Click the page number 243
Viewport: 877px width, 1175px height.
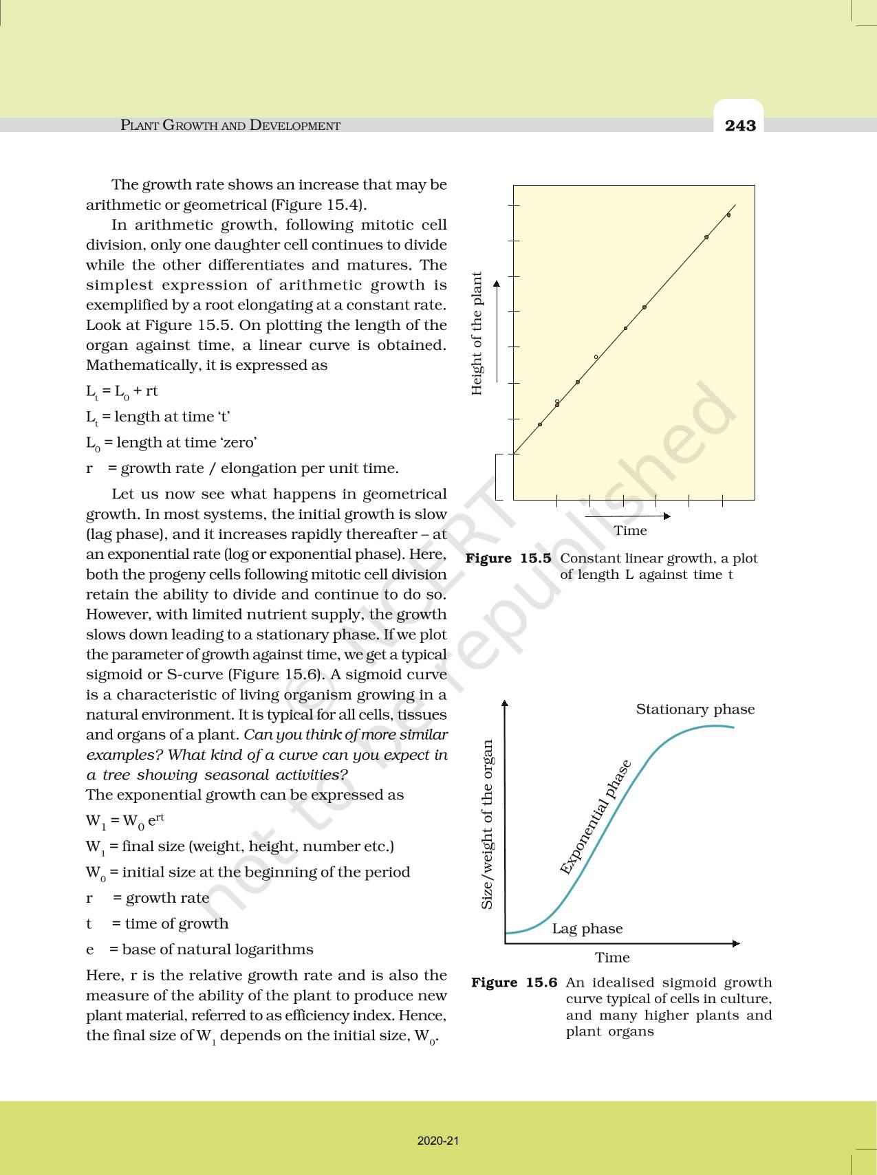[740, 126]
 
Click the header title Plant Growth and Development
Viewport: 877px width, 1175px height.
[230, 126]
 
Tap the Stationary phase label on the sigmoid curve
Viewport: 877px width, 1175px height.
[695, 710]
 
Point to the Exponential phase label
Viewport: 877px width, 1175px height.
[595, 817]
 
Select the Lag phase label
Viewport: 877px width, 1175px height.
[587, 929]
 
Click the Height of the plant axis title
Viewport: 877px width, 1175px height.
[477, 333]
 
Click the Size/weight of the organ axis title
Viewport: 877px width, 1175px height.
[487, 824]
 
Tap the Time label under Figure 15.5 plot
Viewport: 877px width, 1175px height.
[630, 531]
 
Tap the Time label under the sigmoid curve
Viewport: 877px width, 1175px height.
[612, 958]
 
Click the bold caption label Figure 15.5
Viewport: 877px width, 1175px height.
[508, 558]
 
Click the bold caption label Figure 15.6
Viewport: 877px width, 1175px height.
[514, 982]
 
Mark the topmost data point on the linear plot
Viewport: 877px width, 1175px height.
[728, 215]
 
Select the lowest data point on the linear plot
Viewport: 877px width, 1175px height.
[540, 424]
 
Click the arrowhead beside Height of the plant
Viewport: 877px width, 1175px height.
[497, 283]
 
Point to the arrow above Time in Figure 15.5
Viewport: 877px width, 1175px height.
[630, 516]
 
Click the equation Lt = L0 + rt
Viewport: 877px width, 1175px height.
[122, 391]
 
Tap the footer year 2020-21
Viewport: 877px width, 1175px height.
[438, 1141]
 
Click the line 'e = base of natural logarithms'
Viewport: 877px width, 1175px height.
[199, 949]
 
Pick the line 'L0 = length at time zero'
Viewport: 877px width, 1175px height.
[171, 443]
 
